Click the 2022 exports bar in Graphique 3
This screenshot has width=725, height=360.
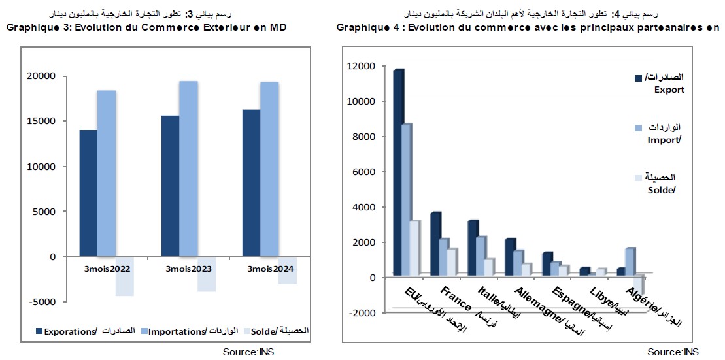click(x=88, y=193)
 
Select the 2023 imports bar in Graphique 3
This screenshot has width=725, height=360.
click(x=188, y=169)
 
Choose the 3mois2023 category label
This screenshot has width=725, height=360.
click(x=188, y=269)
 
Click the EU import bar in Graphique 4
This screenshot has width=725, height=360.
click(x=406, y=199)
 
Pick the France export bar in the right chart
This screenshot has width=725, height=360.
click(x=435, y=242)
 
